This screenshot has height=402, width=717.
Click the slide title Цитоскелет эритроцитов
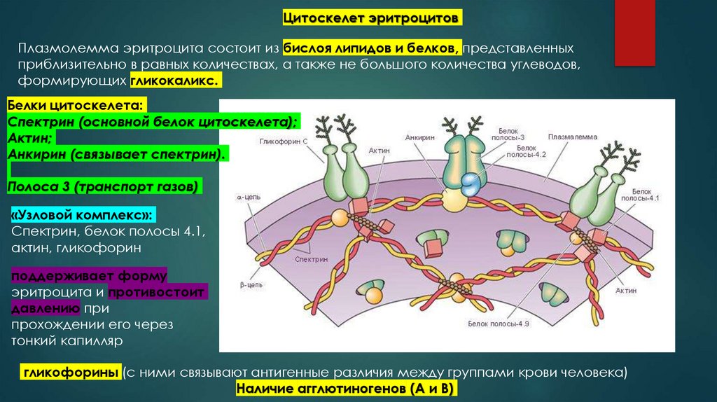[x=371, y=16]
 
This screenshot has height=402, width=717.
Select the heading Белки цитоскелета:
[x=78, y=106]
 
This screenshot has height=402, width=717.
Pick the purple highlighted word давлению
[x=45, y=307]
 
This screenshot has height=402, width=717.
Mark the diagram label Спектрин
[x=312, y=258]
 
